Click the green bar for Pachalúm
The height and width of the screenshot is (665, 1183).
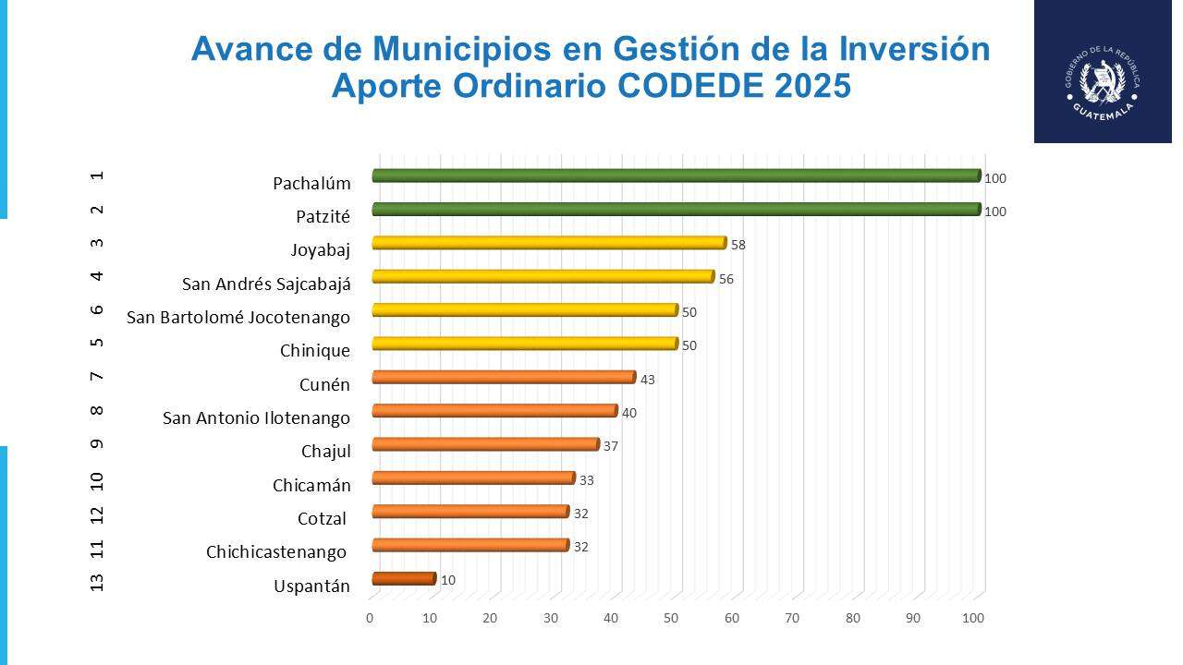coord(675,175)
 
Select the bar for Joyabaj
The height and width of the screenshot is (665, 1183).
coord(548,243)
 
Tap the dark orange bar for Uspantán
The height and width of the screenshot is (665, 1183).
coord(403,579)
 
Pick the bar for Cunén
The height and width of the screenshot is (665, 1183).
coord(503,377)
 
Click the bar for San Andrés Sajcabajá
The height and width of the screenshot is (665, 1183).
coord(543,276)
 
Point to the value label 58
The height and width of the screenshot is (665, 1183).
coord(738,246)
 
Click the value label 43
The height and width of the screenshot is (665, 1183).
coord(648,380)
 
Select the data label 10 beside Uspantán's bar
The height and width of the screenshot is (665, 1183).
coord(447,581)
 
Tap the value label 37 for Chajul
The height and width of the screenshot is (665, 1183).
coord(610,447)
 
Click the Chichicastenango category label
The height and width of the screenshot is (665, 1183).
coord(276,552)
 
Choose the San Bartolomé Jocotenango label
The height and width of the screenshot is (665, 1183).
coord(238,318)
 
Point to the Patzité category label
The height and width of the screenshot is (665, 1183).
coord(323,217)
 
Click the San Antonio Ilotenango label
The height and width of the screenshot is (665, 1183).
coord(256,418)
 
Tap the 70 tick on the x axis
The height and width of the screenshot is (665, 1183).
coord(792,618)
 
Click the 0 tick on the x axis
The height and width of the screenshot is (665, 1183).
coord(370,618)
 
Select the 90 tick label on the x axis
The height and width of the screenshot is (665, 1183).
coord(913,618)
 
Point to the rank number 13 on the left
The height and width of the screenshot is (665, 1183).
coord(98,582)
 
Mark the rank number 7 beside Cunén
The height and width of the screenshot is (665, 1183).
coord(98,377)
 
